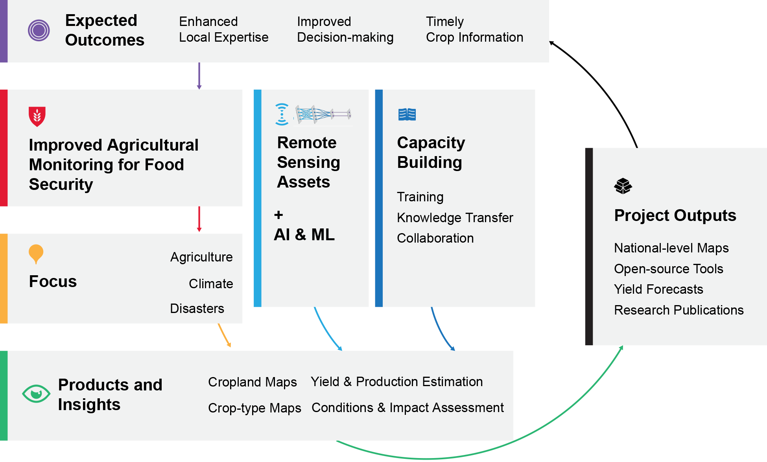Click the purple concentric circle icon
point(39,30)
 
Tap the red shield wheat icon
point(37,116)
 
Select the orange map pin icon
point(36,254)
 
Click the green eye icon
point(36,394)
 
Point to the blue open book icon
point(407,114)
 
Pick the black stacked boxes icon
point(623,186)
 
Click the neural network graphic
point(323,114)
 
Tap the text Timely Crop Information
point(474,29)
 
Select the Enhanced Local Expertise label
point(223,29)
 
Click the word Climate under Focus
point(211,283)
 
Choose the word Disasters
point(197,308)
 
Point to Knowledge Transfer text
point(455,217)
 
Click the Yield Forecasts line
point(658,289)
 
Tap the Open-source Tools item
point(668,269)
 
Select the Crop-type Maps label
point(254,408)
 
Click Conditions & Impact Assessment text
point(407,408)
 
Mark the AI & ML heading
point(304,235)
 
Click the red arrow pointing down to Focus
point(199,219)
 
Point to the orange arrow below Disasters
point(224,335)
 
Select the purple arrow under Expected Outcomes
point(199,75)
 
